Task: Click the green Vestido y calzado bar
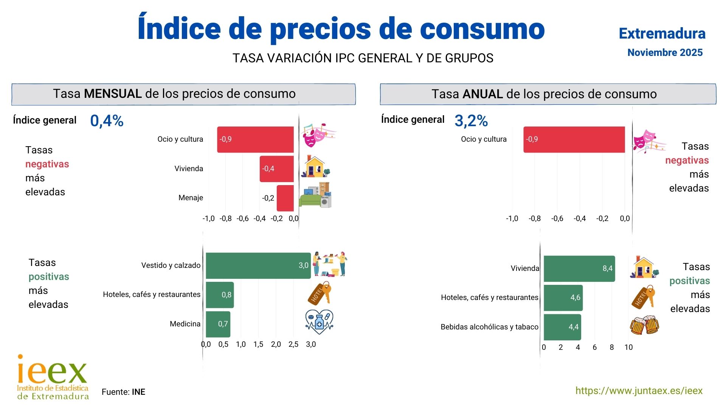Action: [258, 266]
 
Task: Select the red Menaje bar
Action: [285, 198]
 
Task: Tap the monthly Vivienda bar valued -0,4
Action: [276, 169]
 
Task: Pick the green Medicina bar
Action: [218, 324]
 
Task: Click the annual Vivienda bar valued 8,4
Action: [579, 269]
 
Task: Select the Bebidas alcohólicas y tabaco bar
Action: [562, 327]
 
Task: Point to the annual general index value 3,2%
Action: [471, 121]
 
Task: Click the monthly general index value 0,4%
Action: [107, 121]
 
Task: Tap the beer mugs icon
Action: [644, 325]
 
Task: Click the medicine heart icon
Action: [319, 322]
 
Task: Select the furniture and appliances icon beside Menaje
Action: [315, 195]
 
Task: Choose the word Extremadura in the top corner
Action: [662, 34]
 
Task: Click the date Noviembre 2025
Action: [665, 53]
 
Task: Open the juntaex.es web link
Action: [639, 391]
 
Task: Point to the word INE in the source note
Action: [138, 392]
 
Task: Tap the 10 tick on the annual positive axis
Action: [628, 347]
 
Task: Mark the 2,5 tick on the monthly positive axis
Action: [293, 344]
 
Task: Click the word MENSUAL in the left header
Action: [113, 94]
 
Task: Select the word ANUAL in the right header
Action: [482, 94]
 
